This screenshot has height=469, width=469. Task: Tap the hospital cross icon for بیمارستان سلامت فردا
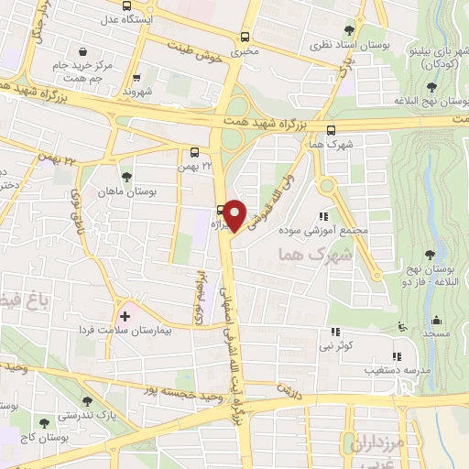click(x=125, y=316)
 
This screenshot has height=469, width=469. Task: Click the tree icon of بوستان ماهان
click(x=125, y=177)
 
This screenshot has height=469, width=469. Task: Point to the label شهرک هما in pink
click(x=308, y=255)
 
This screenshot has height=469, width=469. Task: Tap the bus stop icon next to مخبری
click(x=245, y=37)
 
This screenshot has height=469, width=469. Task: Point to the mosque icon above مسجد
click(x=436, y=321)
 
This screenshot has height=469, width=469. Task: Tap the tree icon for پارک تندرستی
click(x=87, y=401)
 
